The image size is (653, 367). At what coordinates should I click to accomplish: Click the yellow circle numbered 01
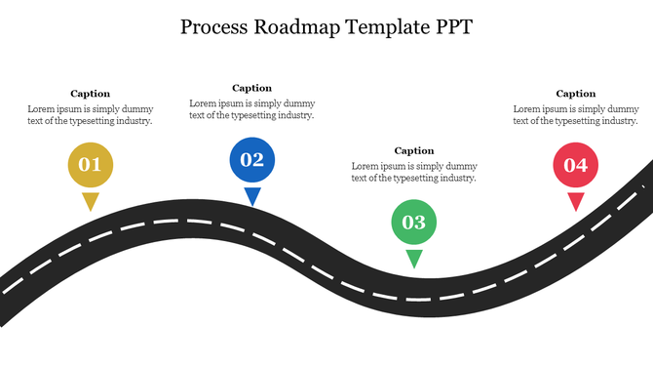tap(90, 164)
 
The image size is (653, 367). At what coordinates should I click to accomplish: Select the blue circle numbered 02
tap(251, 160)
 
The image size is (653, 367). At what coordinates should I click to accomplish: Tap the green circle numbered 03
tap(414, 222)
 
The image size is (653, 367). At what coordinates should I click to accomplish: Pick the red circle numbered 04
tap(575, 165)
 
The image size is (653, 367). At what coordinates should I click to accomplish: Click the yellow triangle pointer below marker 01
tap(90, 201)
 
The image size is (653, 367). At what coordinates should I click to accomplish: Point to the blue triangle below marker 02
tap(252, 196)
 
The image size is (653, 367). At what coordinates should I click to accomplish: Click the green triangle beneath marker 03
tap(414, 258)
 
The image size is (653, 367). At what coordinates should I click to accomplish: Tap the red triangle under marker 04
tap(576, 201)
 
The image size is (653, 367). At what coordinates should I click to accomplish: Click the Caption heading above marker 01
tap(90, 94)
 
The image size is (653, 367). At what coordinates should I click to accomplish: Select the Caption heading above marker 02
tap(251, 88)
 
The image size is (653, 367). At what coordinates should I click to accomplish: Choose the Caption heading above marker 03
tap(414, 150)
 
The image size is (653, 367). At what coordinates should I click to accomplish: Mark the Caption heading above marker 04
tap(576, 94)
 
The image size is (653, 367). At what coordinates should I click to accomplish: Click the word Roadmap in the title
tap(297, 27)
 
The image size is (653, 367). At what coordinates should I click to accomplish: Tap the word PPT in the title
tap(451, 27)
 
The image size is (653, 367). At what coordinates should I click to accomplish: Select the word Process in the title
tap(214, 27)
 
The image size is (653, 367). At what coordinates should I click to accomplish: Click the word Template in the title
tap(384, 27)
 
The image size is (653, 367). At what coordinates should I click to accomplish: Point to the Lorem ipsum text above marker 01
tap(90, 115)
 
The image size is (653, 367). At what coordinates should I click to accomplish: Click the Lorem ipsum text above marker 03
tap(414, 172)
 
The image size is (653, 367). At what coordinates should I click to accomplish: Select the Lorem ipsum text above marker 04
tap(576, 115)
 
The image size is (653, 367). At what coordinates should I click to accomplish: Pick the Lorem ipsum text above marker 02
tap(251, 109)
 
